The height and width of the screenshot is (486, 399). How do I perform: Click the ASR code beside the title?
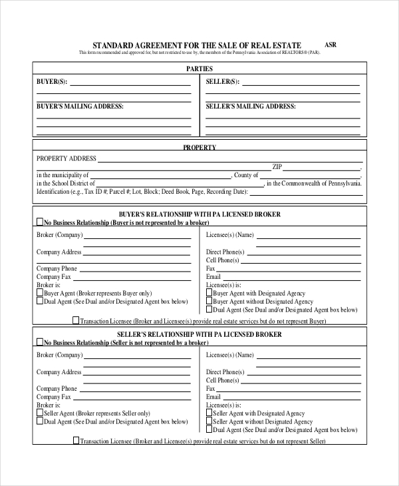coord(331,45)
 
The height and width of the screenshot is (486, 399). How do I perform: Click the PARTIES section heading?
coord(199,69)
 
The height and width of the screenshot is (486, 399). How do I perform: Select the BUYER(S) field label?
coord(51,82)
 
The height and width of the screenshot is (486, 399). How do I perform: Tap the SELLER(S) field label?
coord(222,82)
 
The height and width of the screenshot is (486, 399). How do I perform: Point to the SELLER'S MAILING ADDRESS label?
coord(250,106)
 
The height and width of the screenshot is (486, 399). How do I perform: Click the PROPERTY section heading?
coord(199,147)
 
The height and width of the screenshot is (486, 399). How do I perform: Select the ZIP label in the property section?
coord(277,166)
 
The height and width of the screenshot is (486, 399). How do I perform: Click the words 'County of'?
coord(246,175)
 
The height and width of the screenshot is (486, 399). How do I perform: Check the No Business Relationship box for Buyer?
coord(39,223)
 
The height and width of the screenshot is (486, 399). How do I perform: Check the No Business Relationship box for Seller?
coord(39,342)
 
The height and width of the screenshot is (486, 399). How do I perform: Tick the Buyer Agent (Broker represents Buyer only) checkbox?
coord(39,293)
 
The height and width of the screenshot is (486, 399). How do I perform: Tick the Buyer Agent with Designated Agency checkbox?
coord(209,293)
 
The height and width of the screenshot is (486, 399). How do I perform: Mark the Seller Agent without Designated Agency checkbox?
coord(209,421)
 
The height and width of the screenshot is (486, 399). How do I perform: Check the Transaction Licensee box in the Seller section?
coord(75,440)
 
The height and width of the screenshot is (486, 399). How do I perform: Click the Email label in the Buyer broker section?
coord(213,276)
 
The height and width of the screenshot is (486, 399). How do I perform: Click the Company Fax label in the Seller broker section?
coord(53,396)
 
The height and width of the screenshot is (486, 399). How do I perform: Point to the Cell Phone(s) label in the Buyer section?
coord(222,260)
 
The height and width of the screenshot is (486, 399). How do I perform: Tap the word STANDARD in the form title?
coord(112,45)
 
